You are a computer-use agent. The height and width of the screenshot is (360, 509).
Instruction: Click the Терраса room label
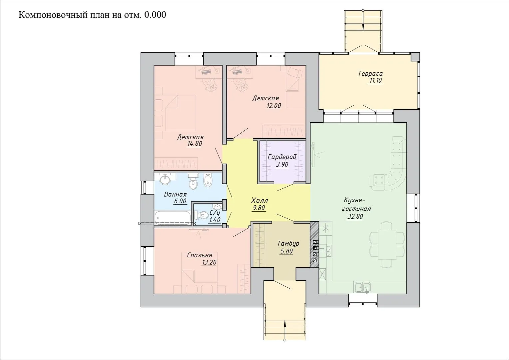pos(370,73)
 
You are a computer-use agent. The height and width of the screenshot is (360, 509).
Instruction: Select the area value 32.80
pos(355,216)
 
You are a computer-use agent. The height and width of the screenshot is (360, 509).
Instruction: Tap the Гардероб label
pos(282,157)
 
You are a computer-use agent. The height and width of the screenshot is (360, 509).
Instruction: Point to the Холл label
pos(259,201)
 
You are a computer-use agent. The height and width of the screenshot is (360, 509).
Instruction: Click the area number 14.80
pos(195,143)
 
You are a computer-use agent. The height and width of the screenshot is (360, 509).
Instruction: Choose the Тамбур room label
pos(288,244)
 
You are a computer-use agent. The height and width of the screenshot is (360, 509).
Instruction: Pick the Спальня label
pos(200,255)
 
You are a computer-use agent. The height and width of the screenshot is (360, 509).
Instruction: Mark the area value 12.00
pos(273,106)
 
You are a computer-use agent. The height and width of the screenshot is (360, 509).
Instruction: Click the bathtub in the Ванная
pos(173,218)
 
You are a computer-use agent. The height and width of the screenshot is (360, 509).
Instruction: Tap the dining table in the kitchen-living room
pos(387,244)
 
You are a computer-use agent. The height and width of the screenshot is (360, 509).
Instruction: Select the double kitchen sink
pos(363,287)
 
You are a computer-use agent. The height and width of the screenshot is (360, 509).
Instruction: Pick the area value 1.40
pos(215,220)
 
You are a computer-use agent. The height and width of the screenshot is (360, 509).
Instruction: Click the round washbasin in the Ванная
pos(165,180)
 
